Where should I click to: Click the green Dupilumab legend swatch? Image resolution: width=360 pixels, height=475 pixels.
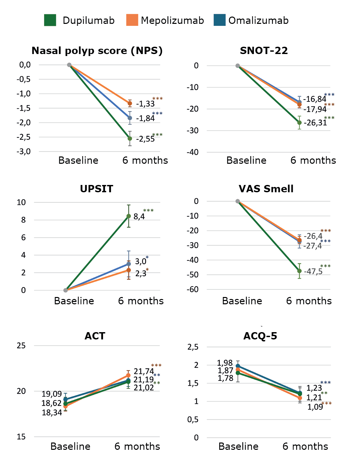[x=50, y=20]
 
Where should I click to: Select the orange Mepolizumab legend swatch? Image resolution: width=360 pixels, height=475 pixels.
[x=132, y=20]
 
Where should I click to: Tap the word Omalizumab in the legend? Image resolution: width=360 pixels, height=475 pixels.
[x=258, y=21]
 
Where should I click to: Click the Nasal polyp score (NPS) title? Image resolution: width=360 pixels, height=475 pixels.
[x=97, y=51]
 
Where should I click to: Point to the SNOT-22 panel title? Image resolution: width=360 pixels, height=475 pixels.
[x=264, y=51]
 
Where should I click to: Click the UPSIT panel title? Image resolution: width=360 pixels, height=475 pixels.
[x=96, y=189]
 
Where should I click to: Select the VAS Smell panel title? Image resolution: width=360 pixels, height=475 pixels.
[x=266, y=189]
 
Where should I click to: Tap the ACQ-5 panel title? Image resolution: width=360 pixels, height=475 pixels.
[x=260, y=336]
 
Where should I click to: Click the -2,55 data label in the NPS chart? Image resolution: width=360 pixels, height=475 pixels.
[x=145, y=139]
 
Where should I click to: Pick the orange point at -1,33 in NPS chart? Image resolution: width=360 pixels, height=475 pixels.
[x=130, y=103]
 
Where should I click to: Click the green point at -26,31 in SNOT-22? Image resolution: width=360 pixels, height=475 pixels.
[x=299, y=123]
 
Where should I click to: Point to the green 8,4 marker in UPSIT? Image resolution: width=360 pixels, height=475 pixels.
[x=129, y=216]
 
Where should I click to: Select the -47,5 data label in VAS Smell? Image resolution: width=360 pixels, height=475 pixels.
[x=313, y=271]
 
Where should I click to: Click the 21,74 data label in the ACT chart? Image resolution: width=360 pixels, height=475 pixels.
[x=143, y=371]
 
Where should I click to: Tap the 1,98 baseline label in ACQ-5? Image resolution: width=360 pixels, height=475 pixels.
[x=225, y=363]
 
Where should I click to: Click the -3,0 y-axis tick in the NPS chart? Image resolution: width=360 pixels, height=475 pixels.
[x=24, y=151]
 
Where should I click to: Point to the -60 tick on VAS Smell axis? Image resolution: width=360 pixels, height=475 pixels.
[x=193, y=289]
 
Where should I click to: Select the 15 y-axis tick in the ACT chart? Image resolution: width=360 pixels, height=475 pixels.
[x=21, y=437]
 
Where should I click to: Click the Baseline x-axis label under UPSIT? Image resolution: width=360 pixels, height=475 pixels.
[x=74, y=301]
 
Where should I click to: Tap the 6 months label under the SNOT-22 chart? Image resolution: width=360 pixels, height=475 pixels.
[x=313, y=160]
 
